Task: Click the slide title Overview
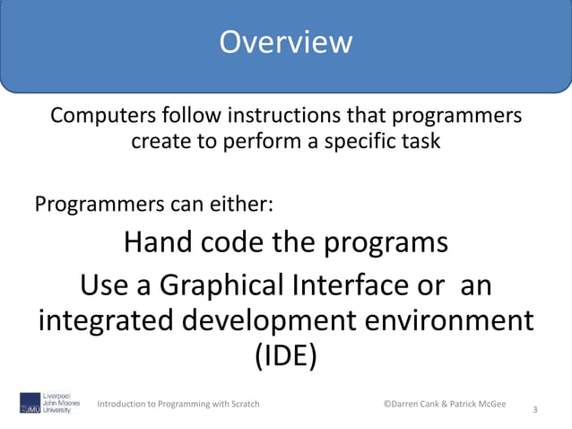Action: [x=286, y=42]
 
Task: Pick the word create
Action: [x=162, y=142]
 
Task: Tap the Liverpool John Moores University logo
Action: [x=50, y=403]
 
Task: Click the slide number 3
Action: [x=534, y=410]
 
